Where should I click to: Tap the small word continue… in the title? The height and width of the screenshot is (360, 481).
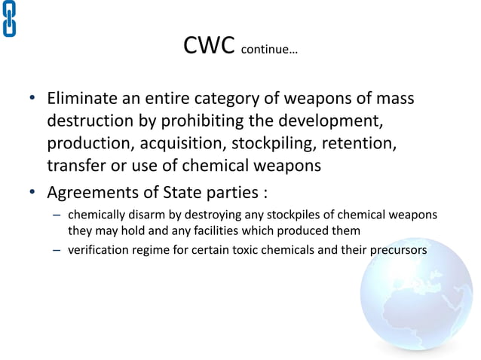pos(269,52)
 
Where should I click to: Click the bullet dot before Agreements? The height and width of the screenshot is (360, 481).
pos(32,191)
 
